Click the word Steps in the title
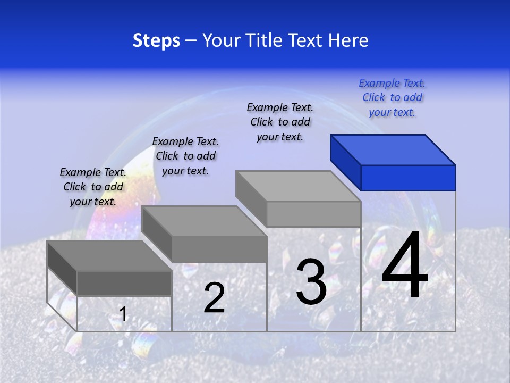tap(156, 41)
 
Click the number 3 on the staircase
tap(311, 281)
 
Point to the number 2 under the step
tap(214, 298)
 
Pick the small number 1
tap(123, 314)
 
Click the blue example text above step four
tap(392, 97)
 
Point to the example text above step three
tap(280, 122)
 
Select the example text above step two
tap(185, 156)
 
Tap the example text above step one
tap(93, 187)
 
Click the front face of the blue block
tap(408, 178)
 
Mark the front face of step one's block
tap(124, 283)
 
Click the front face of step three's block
tap(313, 214)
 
